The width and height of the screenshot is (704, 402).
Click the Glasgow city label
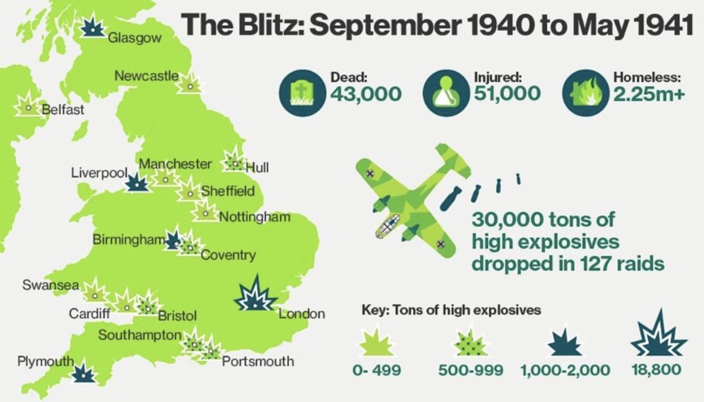click(x=134, y=38)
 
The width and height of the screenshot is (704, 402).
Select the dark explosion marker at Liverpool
click(x=138, y=183)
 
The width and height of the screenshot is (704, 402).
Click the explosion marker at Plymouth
click(x=84, y=373)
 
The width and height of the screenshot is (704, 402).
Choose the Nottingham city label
click(x=255, y=217)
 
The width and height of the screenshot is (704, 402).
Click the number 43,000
click(x=365, y=94)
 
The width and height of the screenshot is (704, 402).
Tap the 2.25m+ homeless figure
click(x=649, y=94)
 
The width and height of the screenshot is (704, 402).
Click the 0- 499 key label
click(x=377, y=370)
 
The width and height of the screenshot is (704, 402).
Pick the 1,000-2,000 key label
click(x=565, y=370)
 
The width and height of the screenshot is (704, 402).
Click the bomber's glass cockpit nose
click(x=387, y=226)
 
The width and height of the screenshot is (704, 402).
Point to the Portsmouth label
click(x=258, y=361)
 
